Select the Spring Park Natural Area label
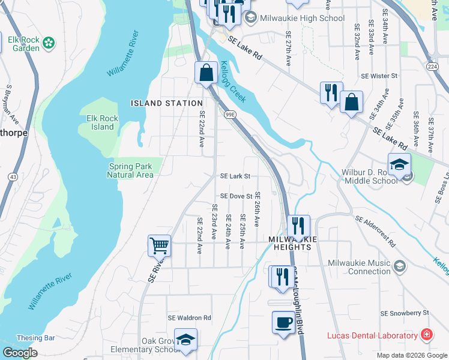[130, 170]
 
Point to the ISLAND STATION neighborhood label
[163, 103]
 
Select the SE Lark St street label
[235, 176]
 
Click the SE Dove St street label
[236, 196]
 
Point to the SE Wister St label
[379, 76]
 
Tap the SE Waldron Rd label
[190, 318]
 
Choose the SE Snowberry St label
[405, 313]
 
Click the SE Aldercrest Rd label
[376, 231]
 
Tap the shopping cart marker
[159, 245]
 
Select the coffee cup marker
[283, 322]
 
